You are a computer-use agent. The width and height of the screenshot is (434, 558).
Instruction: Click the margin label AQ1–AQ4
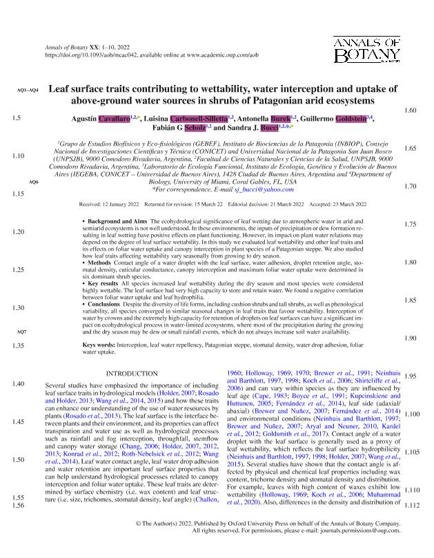[x=27, y=90]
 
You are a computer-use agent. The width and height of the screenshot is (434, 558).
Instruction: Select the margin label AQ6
[x=33, y=181]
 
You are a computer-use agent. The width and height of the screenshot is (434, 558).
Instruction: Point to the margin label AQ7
[x=21, y=332]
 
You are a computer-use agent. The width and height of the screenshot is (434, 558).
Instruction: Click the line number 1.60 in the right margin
[x=410, y=110]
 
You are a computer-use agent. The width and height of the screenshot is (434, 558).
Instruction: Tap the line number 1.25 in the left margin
[x=19, y=270]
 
